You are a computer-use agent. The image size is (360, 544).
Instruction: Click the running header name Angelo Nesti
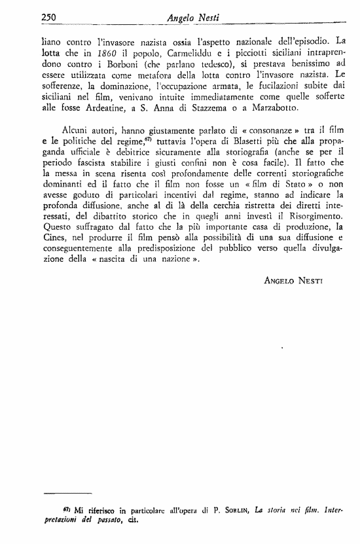click(x=189, y=18)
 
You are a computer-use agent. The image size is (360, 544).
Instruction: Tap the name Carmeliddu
click(x=175, y=52)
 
